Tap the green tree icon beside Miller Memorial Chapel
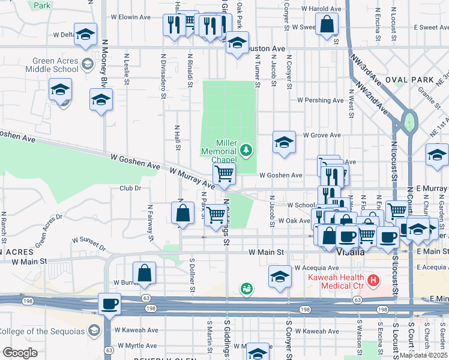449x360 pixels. tap(246, 149)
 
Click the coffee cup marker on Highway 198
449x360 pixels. tap(109, 304)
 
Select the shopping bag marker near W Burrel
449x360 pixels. tap(145, 273)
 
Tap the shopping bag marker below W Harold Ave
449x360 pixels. tap(327, 25)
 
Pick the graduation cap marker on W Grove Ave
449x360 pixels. tap(284, 142)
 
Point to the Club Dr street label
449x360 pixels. tap(130, 188)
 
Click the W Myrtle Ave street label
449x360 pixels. tap(137, 346)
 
